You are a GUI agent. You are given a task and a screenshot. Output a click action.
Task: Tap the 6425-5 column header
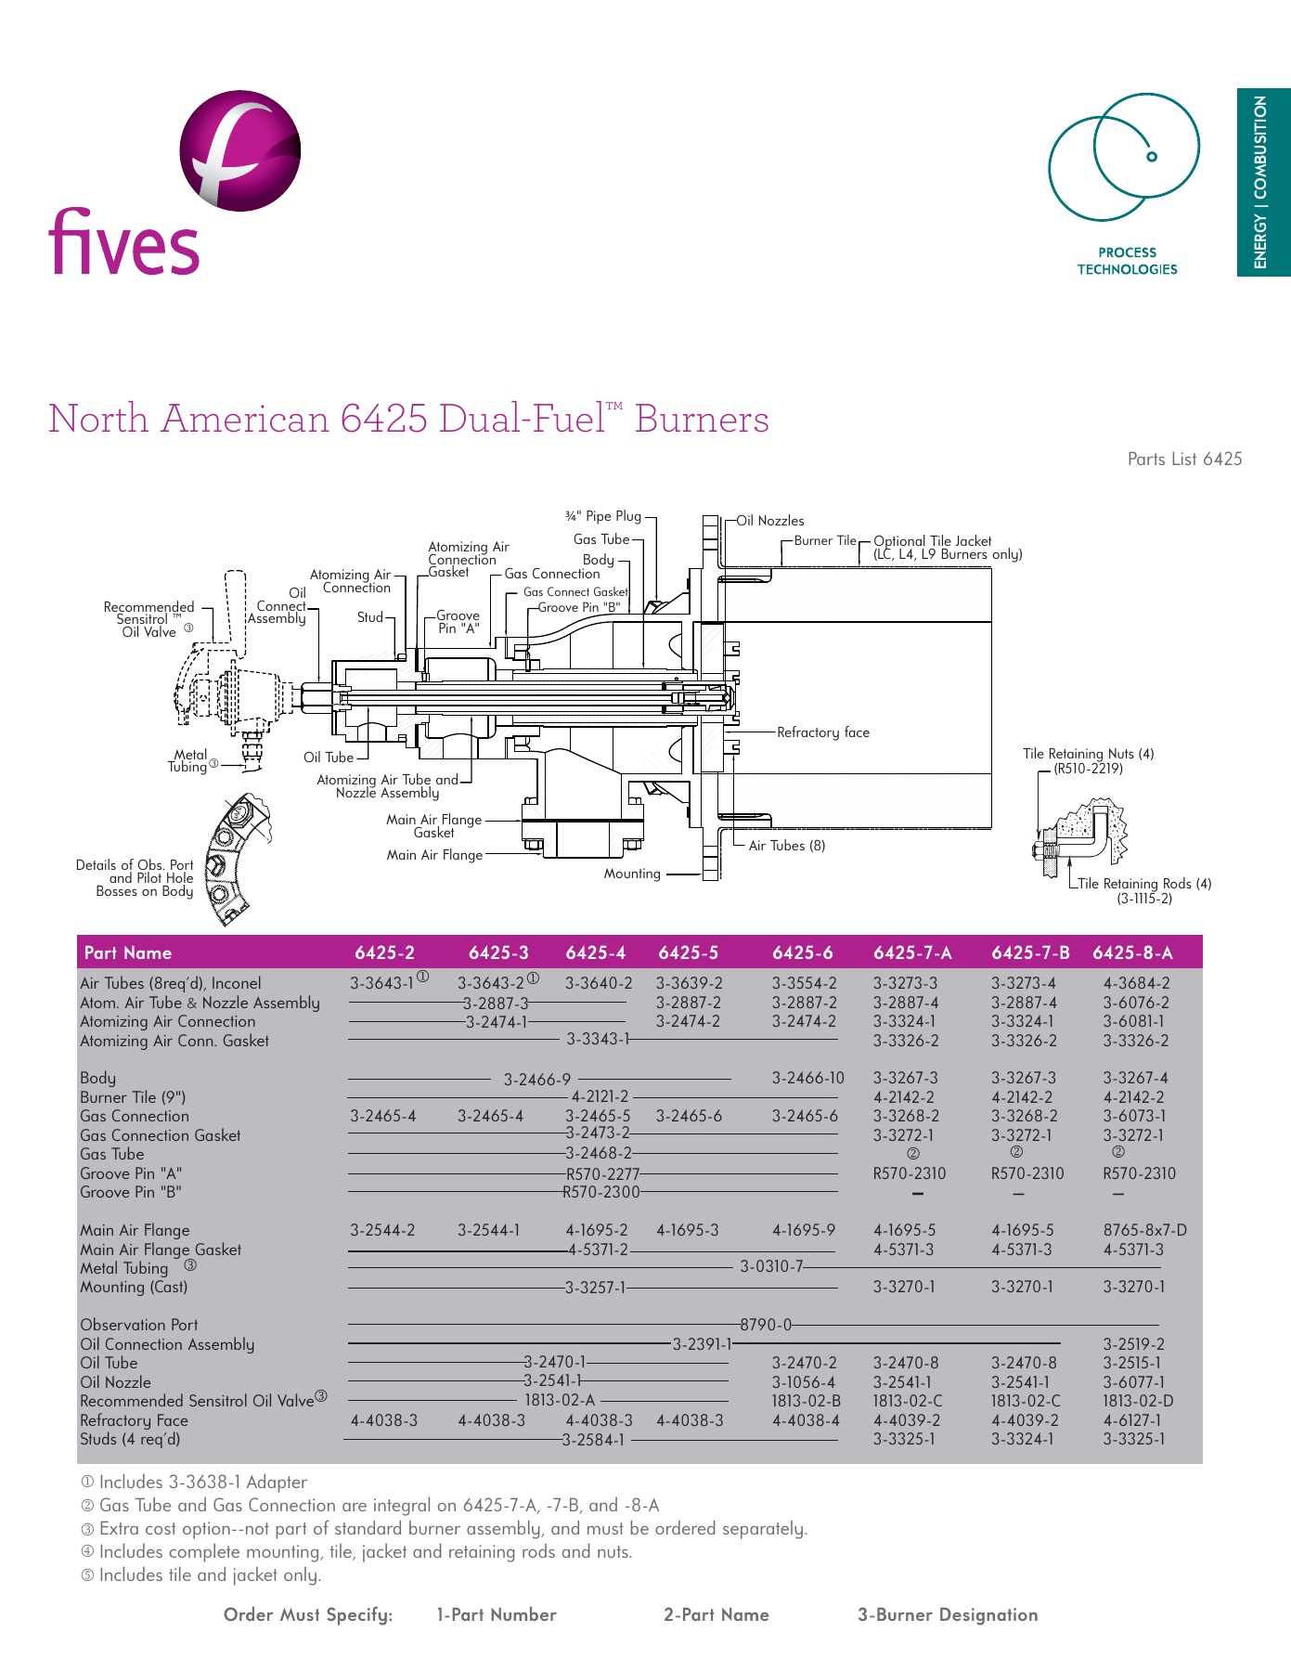point(688,952)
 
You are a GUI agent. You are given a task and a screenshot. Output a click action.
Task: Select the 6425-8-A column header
point(1132,952)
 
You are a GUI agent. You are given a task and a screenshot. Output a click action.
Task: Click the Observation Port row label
point(138,1325)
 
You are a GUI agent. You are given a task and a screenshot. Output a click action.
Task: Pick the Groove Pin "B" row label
point(130,1192)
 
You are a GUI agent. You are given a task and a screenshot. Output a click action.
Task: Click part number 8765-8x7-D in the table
point(1144,1230)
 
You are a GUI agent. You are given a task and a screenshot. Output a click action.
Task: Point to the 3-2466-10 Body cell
point(807,1078)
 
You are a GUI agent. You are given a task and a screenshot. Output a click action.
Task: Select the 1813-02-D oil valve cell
point(1138,1401)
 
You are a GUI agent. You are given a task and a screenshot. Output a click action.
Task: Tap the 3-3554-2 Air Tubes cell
point(804,983)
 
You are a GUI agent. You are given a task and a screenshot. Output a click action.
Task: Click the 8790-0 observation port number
point(766,1325)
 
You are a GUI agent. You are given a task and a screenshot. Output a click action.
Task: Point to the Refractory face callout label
point(823,732)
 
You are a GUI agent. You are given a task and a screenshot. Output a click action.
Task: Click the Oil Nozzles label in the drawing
point(770,521)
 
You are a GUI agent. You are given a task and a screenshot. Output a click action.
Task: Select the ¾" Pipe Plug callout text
point(603,516)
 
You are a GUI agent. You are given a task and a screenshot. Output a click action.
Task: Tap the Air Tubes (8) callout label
point(786,846)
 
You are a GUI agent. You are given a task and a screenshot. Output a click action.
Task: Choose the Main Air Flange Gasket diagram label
point(433,826)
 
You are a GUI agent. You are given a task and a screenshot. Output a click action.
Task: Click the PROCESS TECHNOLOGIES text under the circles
point(1127,261)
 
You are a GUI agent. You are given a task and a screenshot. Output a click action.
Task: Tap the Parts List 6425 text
point(1184,459)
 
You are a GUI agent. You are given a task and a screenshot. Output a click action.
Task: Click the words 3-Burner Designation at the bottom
point(947,1614)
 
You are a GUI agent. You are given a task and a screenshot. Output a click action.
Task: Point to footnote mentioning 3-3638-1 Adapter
point(202,1483)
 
